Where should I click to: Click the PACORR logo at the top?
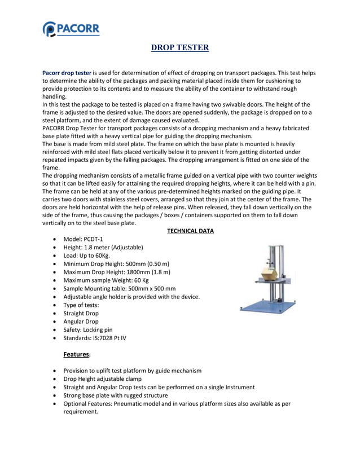coord(71,28)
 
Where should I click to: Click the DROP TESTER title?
coord(180,48)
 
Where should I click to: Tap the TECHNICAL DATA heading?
coord(190,231)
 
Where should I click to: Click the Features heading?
coord(78,354)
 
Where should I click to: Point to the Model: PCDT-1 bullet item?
coord(83,239)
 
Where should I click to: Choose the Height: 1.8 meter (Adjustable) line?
coord(103,247)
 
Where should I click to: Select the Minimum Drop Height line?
coord(116,263)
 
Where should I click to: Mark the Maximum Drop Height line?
coord(117,272)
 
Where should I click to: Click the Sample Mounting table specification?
coord(119,288)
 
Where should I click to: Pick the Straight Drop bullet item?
coord(81,313)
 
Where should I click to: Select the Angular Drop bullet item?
coord(80,322)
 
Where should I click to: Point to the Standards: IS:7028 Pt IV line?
coord(95,338)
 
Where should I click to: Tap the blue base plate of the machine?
coord(267,306)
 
